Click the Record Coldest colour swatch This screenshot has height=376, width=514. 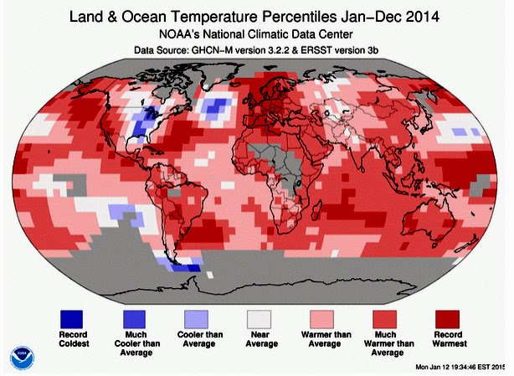[x=71, y=319]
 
